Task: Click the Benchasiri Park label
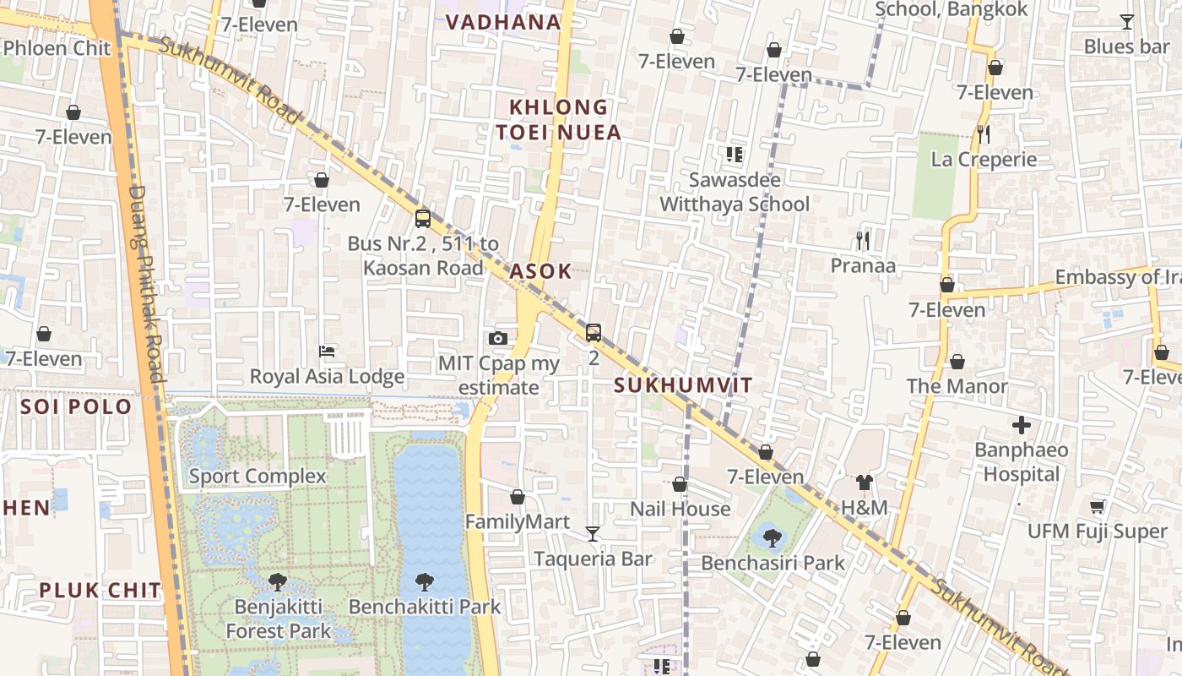773,563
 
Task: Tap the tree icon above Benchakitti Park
425,581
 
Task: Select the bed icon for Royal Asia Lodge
328,351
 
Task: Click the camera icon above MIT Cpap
498,338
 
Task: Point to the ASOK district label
540,272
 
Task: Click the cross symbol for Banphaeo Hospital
1022,424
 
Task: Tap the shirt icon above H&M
864,482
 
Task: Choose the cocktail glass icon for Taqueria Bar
593,533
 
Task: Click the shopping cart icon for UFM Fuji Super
1097,506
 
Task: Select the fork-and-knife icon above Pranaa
862,241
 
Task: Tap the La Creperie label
984,160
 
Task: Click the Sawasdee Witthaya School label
734,192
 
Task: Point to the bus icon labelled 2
594,333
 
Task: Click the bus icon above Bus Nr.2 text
423,219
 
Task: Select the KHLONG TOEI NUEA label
558,119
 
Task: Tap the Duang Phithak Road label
145,283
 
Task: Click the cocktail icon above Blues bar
1126,22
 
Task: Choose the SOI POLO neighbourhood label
76,407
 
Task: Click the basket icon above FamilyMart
518,497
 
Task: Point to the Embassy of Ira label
1117,277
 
